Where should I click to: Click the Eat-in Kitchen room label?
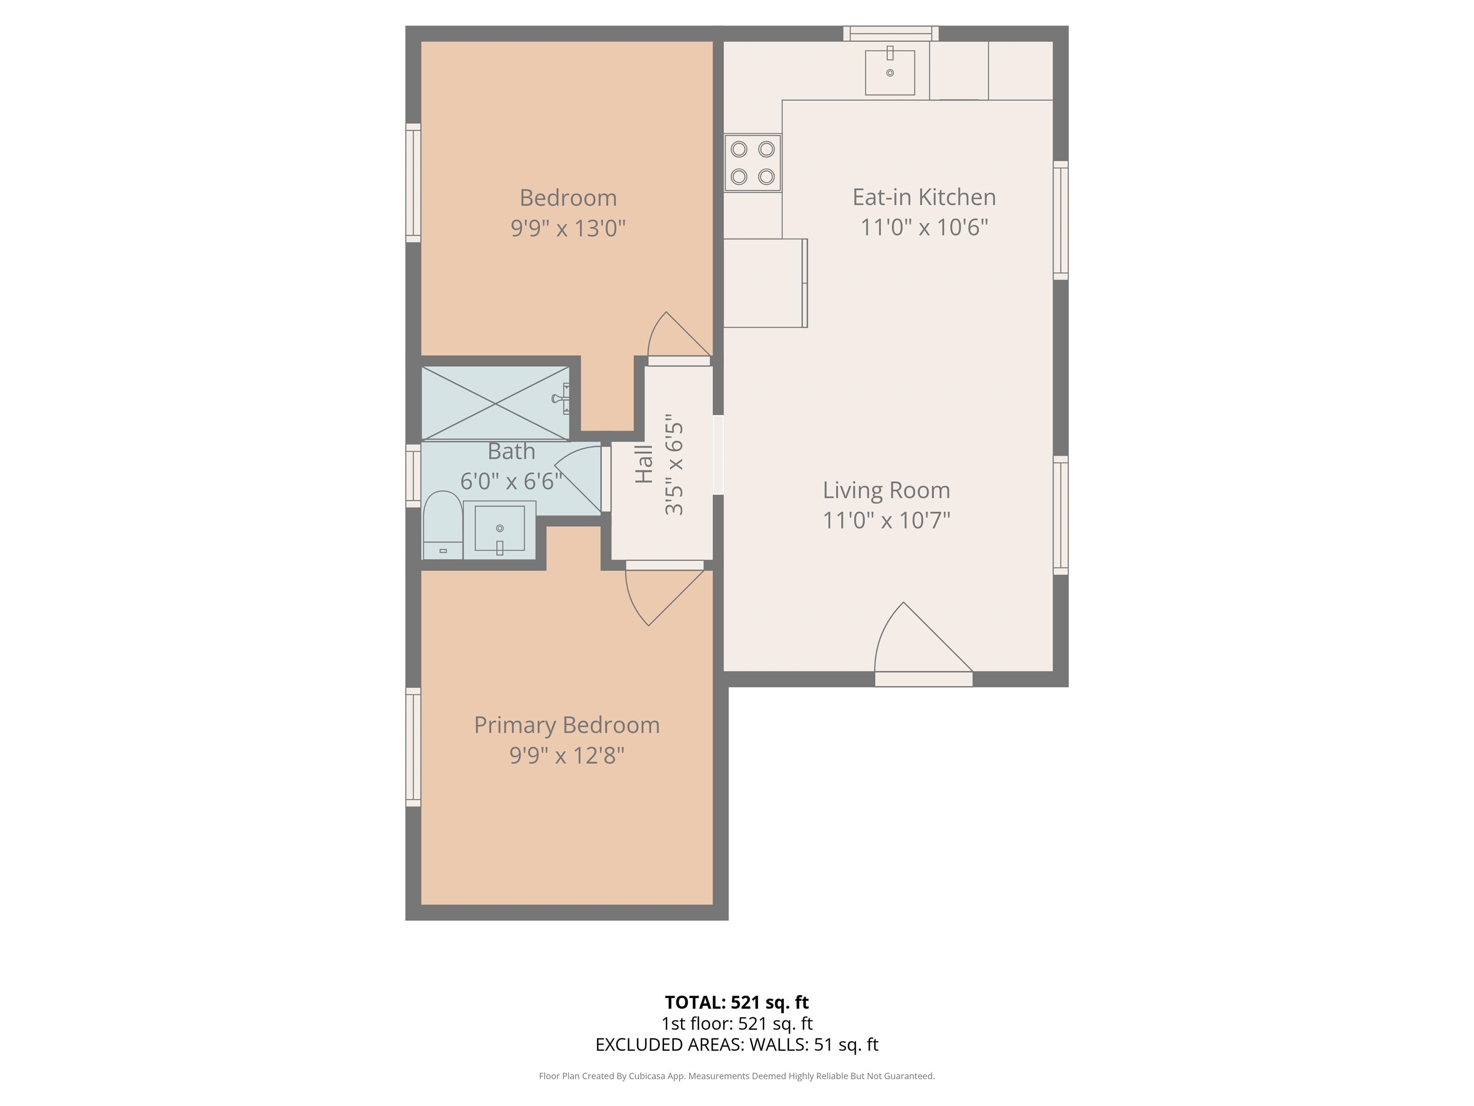click(x=924, y=197)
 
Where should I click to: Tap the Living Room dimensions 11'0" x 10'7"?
click(x=886, y=520)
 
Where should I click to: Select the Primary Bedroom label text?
click(x=567, y=725)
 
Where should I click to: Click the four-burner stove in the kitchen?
click(x=752, y=163)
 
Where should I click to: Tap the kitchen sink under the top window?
click(x=890, y=72)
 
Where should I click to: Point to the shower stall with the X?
click(x=496, y=403)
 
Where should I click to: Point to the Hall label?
click(x=644, y=464)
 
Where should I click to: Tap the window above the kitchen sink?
click(x=891, y=33)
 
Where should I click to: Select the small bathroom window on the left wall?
click(x=413, y=475)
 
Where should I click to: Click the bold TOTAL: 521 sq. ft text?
click(x=737, y=1002)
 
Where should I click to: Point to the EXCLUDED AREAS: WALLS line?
click(x=737, y=1044)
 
